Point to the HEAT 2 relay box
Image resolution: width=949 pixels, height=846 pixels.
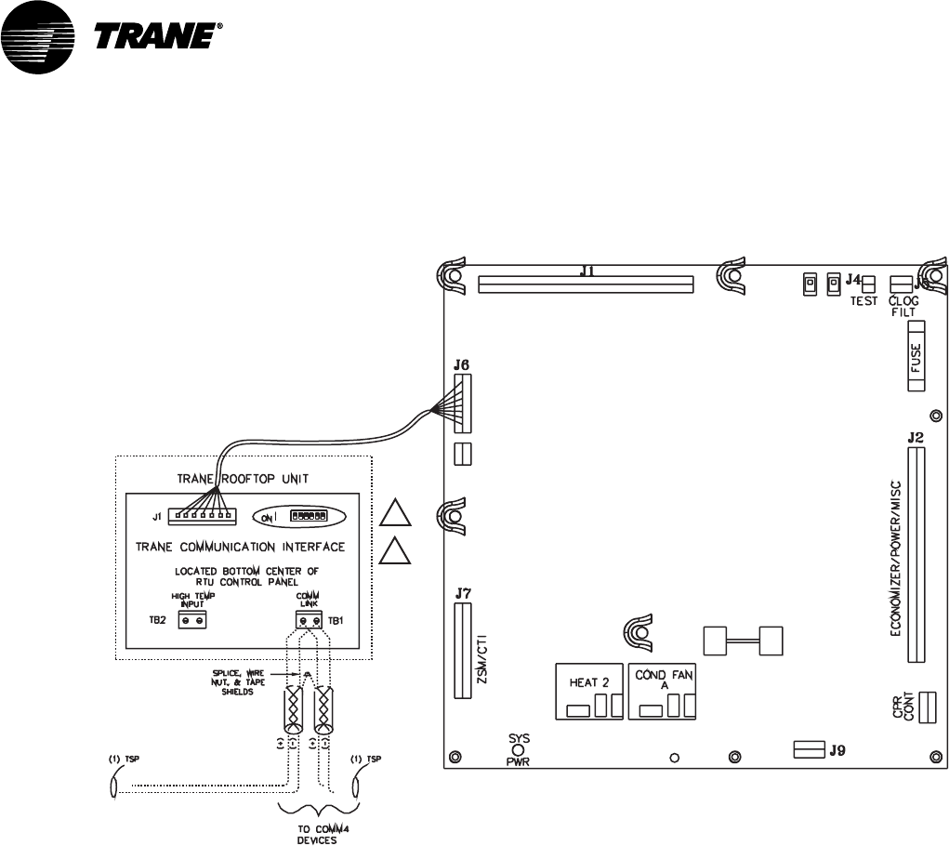(x=588, y=692)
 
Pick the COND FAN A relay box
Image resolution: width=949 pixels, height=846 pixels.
(x=662, y=692)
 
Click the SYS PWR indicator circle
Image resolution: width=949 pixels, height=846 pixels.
(x=519, y=750)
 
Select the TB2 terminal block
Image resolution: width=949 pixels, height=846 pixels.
(x=191, y=617)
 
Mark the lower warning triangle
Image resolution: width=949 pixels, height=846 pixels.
(x=396, y=553)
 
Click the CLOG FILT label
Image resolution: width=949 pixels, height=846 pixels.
(x=903, y=306)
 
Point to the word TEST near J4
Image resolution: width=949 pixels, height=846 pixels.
(x=863, y=301)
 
